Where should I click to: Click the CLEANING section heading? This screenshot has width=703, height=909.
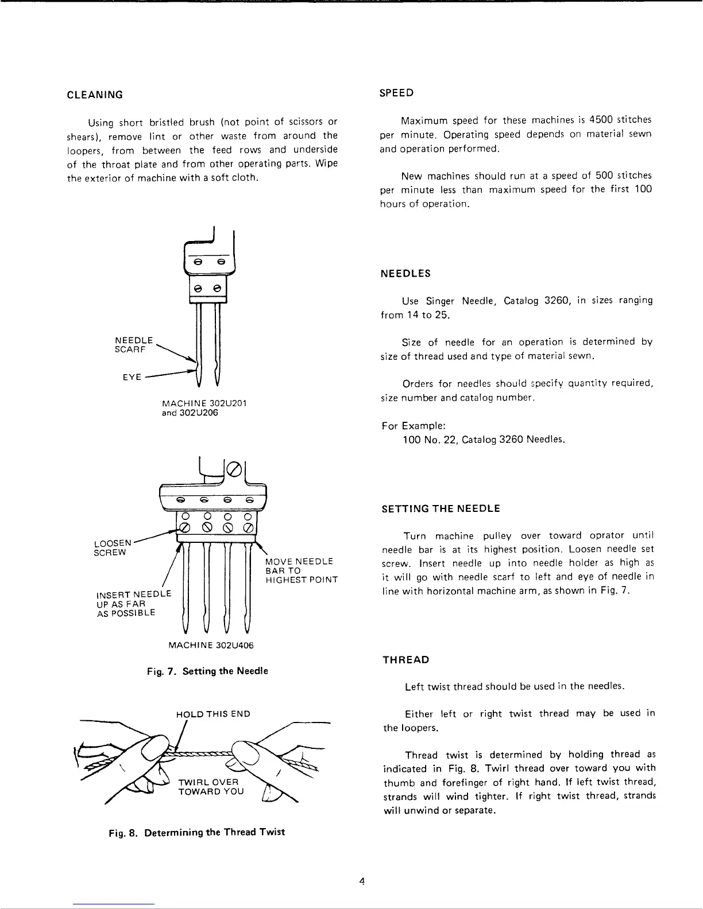click(x=95, y=95)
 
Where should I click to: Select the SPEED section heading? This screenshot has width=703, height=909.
click(x=397, y=92)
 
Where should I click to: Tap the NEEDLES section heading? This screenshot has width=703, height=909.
click(x=405, y=274)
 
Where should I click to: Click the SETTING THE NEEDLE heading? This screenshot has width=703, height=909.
click(x=441, y=508)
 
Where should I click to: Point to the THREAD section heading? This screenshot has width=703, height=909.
click(x=406, y=660)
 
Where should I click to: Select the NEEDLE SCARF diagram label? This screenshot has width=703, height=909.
click(x=134, y=344)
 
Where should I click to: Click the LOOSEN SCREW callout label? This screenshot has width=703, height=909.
click(x=113, y=547)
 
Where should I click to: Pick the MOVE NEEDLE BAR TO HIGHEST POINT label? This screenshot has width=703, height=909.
click(x=300, y=570)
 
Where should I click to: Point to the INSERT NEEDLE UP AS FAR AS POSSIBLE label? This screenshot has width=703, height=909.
click(x=134, y=603)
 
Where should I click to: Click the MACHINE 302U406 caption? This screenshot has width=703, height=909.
click(x=211, y=645)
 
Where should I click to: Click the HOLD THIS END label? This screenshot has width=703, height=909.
click(x=213, y=714)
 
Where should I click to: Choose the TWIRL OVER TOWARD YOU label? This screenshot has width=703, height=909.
click(x=211, y=787)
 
